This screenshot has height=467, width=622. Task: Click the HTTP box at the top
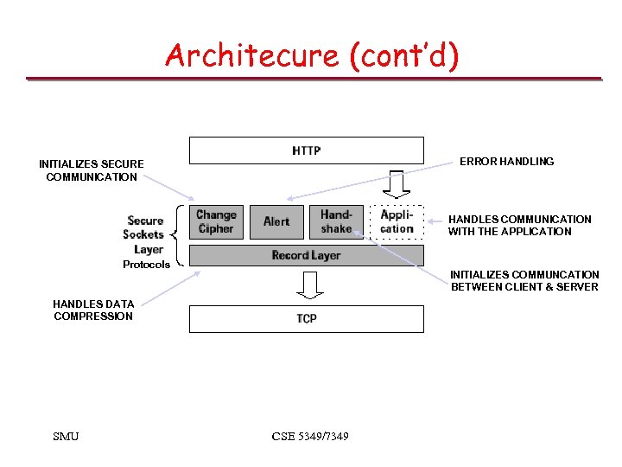(x=307, y=150)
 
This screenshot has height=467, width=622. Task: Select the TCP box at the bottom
(x=307, y=318)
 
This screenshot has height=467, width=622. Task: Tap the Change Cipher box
(x=216, y=221)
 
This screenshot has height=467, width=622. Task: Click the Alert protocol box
(x=276, y=221)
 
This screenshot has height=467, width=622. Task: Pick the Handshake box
(x=336, y=221)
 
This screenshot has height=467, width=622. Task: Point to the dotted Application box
(x=397, y=221)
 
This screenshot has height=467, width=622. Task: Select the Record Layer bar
(x=307, y=255)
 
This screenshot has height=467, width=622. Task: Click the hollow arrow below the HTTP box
(x=397, y=183)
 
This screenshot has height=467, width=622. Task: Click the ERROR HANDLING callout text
(x=506, y=162)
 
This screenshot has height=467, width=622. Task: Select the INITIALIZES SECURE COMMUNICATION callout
(x=92, y=170)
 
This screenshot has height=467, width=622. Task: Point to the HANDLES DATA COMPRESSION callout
(x=93, y=310)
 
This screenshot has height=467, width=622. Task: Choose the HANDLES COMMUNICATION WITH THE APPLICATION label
(x=519, y=226)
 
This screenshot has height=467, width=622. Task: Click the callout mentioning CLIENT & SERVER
(x=524, y=281)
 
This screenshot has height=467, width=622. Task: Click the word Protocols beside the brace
(x=146, y=265)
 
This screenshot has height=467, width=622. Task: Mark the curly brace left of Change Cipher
(x=178, y=234)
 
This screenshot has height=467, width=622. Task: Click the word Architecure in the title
(x=252, y=55)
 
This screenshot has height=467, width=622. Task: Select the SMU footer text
(x=66, y=436)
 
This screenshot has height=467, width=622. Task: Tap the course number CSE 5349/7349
(x=310, y=436)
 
